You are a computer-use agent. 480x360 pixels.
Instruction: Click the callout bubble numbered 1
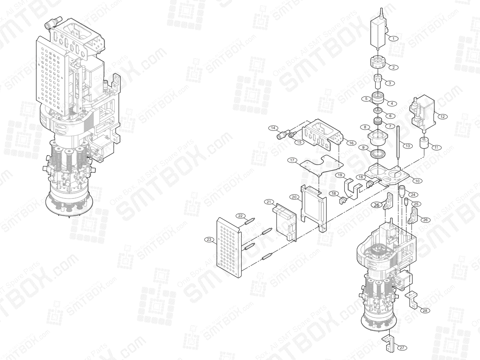point(394,38)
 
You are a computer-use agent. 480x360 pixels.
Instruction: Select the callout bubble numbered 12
point(442,116)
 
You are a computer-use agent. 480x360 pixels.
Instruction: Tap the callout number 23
point(209,239)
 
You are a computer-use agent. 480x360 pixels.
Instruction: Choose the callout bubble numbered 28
point(425,310)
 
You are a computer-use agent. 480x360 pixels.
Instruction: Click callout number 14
point(274,128)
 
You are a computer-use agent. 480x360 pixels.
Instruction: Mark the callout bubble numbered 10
point(417,181)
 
